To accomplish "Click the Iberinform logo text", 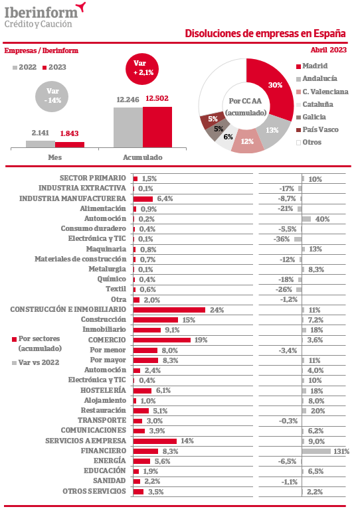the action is coord(41,13).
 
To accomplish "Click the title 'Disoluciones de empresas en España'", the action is coord(265,33).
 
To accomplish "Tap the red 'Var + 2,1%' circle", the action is coord(142,69).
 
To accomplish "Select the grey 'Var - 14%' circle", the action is coord(52,96).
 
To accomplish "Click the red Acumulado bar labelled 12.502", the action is coord(157,127).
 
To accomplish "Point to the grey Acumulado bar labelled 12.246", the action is coord(128,127).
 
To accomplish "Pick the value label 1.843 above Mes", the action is coord(69,133).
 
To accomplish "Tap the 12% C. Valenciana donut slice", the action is coord(247,141).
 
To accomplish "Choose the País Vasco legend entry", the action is coord(317,129).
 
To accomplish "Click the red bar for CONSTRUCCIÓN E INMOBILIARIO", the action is coord(169,310).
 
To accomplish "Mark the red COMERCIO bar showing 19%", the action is coord(162,340).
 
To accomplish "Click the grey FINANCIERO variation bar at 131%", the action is coord(316,451).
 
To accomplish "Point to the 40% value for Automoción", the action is coord(322,219).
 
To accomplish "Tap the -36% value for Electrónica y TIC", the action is coord(282,239).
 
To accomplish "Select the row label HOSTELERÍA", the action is coord(103,390).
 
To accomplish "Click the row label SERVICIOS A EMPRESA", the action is coord(86,441).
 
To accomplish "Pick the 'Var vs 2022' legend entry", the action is coord(35,362).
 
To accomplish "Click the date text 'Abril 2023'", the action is coord(329,50).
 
